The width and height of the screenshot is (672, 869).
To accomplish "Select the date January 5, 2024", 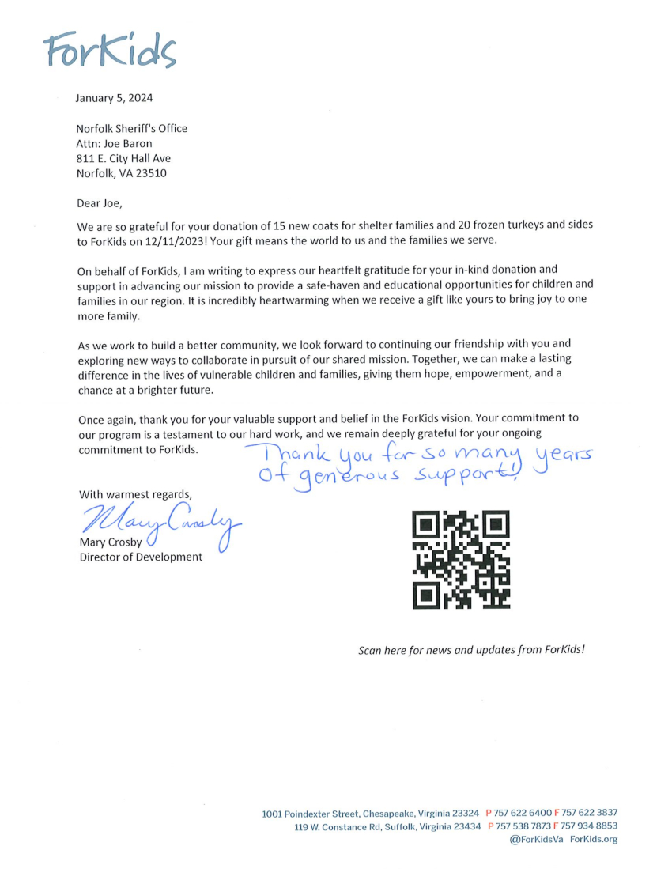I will [x=114, y=99].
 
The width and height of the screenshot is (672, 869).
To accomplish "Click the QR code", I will [x=462, y=559].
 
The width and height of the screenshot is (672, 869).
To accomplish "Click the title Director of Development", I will [x=140, y=557].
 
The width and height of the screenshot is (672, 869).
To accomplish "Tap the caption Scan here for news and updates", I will [x=471, y=650].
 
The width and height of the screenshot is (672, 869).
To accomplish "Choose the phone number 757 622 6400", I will [x=523, y=813].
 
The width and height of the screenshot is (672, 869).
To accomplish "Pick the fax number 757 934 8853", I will [x=590, y=826].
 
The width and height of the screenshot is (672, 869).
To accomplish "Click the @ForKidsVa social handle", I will [x=537, y=840].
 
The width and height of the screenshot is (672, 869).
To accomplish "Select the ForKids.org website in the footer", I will [x=594, y=840].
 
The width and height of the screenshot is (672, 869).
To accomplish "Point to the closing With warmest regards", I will [x=135, y=494].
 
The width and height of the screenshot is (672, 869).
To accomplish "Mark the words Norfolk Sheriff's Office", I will [x=131, y=128].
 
